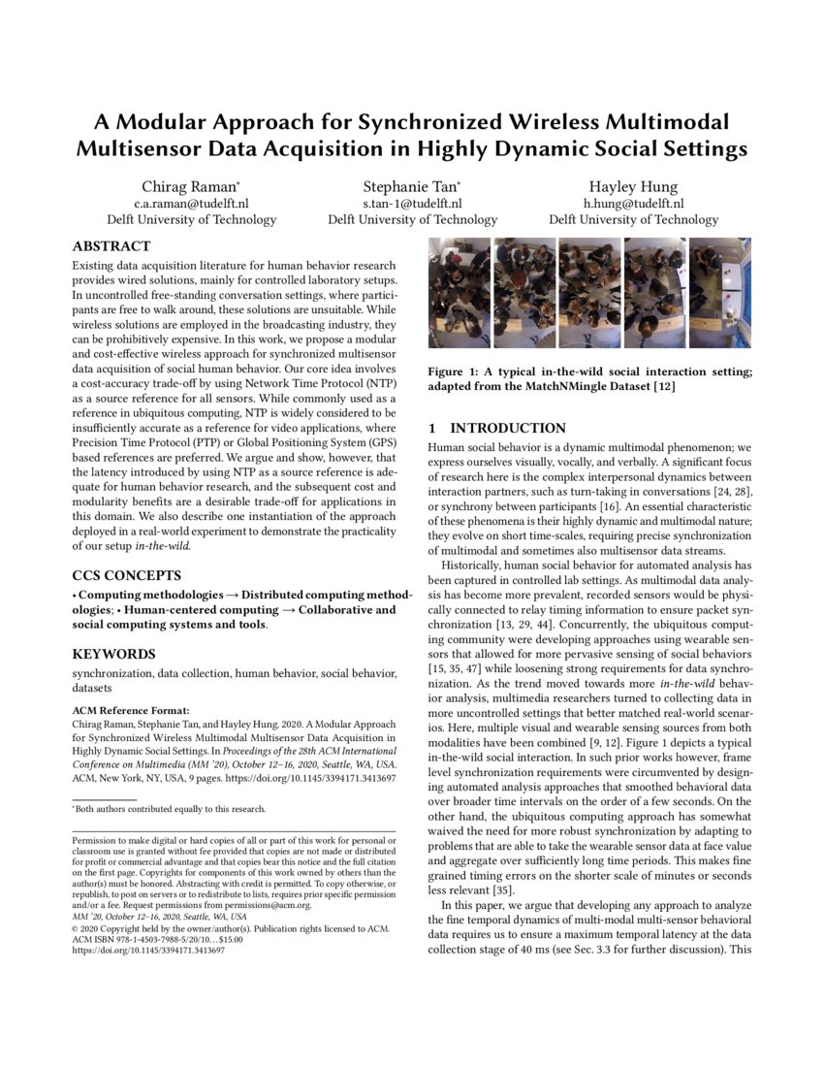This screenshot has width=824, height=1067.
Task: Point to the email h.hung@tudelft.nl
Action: (633, 204)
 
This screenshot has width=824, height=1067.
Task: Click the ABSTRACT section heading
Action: (111, 246)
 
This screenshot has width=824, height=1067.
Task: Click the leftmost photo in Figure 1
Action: (458, 293)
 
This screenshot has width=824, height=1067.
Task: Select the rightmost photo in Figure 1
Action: (719, 293)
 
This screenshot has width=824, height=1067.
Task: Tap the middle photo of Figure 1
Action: (588, 293)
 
